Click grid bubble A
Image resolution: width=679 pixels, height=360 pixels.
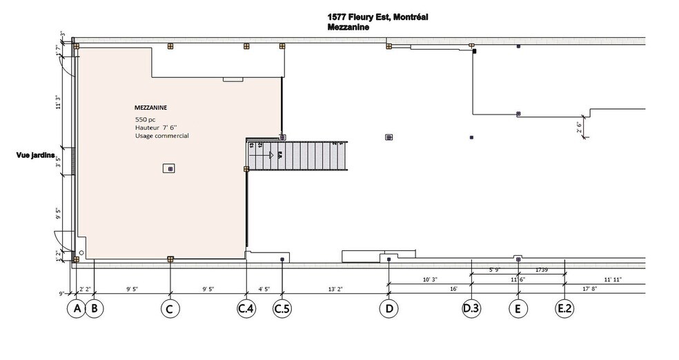point(76,309)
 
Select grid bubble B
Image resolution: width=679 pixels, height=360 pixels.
point(95,309)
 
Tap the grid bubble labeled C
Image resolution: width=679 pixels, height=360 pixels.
point(170,309)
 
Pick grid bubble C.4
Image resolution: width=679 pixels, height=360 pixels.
point(246,309)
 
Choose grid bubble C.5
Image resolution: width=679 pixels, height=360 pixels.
point(282,309)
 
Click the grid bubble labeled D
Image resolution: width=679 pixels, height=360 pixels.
point(389,309)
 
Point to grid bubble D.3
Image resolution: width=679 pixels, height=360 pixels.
point(471,309)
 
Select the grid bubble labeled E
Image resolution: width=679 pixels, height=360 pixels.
point(518,309)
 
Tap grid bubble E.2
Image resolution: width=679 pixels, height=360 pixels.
point(565,309)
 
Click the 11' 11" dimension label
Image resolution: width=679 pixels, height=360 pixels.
point(613,280)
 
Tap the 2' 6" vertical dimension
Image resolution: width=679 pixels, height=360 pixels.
point(580,128)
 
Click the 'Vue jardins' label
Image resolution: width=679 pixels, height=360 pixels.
point(36,156)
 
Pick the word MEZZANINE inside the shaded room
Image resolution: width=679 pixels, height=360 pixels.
point(151,108)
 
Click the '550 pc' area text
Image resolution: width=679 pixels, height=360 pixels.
point(146,119)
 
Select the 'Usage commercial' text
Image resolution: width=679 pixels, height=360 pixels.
point(161,136)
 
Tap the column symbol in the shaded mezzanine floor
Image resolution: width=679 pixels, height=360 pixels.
point(168,168)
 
